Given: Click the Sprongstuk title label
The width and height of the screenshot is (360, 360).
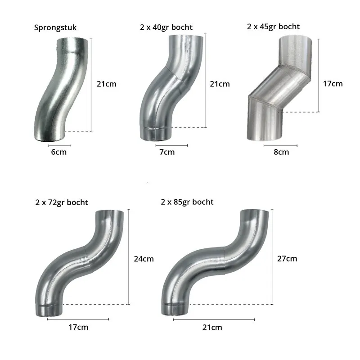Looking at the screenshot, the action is point(55,28).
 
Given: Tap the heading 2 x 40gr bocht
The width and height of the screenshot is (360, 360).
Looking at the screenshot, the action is point(166,27).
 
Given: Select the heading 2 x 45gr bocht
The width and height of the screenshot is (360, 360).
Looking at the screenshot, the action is point(273,27).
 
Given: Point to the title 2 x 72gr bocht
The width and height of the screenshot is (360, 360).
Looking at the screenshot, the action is point(62,202).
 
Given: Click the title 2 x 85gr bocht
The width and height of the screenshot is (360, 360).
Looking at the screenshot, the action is point(187,202).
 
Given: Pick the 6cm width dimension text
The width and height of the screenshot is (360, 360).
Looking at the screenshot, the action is point(59,152).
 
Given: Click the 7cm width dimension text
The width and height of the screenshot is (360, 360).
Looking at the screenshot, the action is point(167,152).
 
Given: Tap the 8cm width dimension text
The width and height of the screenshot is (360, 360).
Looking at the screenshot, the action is point(281,152).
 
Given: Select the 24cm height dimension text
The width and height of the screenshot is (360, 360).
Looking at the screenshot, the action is point(144,259).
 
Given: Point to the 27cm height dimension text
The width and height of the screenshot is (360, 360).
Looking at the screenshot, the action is point(287,259).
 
